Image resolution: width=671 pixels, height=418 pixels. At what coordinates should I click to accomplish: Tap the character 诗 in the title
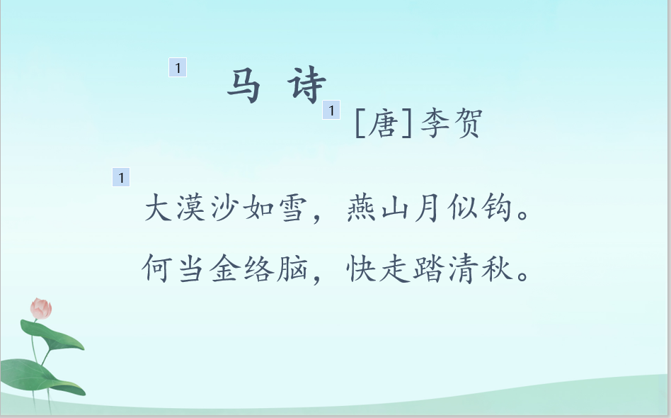[x=306, y=84]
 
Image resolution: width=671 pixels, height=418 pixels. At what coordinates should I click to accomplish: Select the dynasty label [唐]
[x=384, y=123]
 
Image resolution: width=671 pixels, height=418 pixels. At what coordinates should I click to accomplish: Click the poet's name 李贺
[x=452, y=123]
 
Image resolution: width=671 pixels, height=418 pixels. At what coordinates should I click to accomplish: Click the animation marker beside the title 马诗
[x=178, y=67]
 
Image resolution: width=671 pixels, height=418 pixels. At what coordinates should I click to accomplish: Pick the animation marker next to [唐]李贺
[x=331, y=110]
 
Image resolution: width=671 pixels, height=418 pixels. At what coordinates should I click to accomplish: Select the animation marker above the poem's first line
[x=121, y=177]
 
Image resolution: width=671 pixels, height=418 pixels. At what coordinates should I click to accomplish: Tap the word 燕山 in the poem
[x=377, y=208]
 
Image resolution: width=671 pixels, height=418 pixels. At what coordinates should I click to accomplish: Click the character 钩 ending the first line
[x=496, y=208]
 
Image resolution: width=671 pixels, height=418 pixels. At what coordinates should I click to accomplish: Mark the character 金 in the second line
[x=224, y=269]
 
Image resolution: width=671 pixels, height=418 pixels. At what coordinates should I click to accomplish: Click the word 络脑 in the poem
[x=275, y=269]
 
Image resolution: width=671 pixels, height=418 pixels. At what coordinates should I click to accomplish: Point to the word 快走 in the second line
[x=377, y=269]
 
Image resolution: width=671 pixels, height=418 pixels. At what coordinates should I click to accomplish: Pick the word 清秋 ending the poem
[x=479, y=269]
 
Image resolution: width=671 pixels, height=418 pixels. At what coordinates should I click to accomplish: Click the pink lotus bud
[x=41, y=309]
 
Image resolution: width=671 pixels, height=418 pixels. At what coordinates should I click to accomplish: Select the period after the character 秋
[x=523, y=276]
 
